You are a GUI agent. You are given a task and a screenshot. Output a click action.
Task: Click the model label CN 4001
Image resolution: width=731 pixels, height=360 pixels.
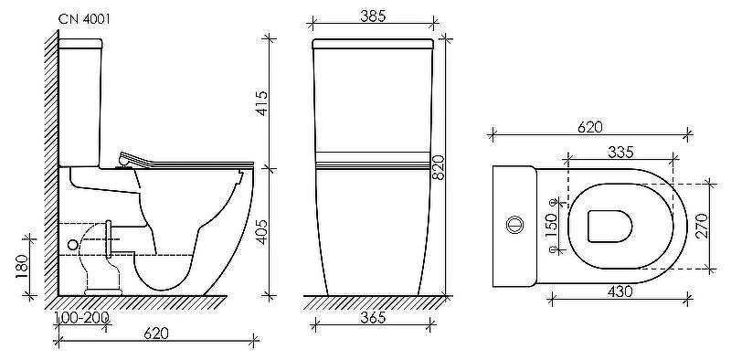point(84,19)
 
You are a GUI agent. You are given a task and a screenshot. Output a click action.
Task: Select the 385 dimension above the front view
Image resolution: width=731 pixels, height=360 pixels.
point(374,16)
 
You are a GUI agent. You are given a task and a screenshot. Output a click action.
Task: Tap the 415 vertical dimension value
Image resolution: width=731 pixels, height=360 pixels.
point(261,103)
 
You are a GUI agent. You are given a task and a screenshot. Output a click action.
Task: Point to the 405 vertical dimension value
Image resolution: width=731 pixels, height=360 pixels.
point(261,232)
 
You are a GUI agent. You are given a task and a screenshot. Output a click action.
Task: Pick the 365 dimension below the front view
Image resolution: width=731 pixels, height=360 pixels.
point(374,318)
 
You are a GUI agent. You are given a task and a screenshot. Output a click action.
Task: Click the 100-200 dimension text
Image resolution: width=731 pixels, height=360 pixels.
point(82,318)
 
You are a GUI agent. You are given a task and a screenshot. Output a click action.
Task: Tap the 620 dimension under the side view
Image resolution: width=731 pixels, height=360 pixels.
point(156,333)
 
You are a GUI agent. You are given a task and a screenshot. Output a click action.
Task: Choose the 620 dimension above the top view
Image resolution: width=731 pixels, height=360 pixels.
point(589,127)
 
